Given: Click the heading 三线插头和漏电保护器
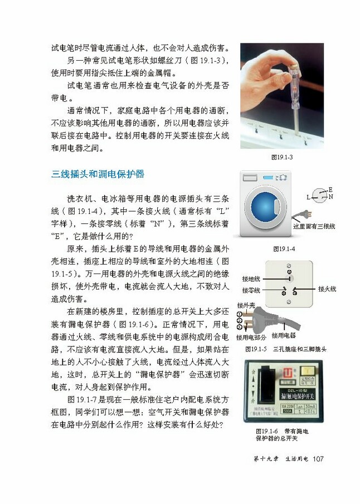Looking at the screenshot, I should [98, 174].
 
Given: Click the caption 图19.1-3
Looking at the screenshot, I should [282, 157].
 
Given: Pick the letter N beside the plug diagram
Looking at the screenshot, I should [330, 197].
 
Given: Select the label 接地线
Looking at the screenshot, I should [251, 278].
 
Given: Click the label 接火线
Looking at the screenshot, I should [327, 289].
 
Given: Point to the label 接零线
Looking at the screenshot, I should [251, 290].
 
